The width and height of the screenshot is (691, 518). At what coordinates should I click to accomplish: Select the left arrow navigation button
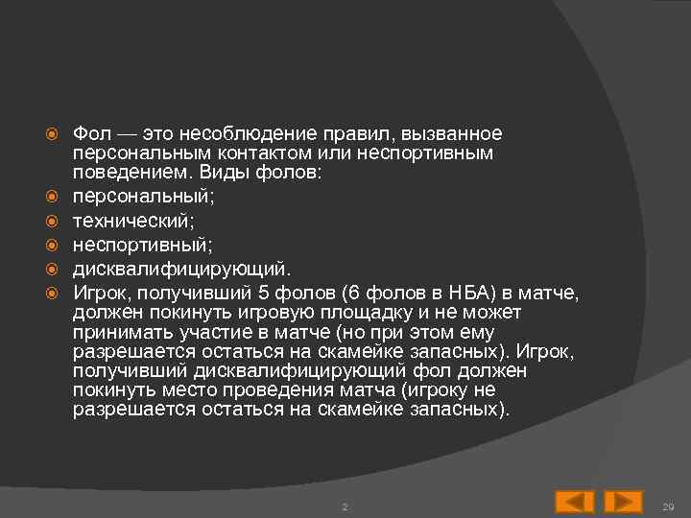point(575,502)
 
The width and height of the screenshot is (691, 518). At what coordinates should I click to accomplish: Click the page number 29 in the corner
point(669,506)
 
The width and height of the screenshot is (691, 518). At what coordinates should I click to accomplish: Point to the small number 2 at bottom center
point(345,506)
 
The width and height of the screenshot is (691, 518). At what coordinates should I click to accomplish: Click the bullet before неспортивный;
point(54,246)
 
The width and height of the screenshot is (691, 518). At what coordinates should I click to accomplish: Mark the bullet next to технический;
point(54,223)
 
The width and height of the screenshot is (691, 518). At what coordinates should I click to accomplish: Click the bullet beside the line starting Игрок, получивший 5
point(54,292)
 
